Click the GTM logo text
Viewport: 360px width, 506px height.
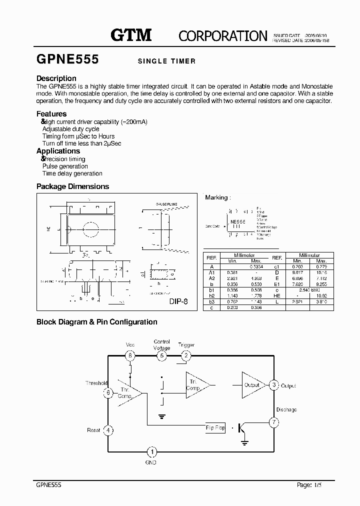point(131,35)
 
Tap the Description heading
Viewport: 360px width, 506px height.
point(56,78)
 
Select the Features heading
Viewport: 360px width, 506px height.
point(51,114)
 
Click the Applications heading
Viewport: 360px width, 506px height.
point(58,151)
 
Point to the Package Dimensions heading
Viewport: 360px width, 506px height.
point(72,186)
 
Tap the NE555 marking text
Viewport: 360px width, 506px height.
point(237,220)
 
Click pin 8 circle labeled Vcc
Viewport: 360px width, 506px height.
point(131,356)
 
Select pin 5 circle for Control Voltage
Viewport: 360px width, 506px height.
point(161,356)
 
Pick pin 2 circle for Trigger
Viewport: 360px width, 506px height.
point(186,356)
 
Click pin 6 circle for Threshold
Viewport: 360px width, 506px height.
point(107,393)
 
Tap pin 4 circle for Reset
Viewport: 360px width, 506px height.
point(107,430)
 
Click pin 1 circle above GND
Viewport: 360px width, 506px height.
point(153,452)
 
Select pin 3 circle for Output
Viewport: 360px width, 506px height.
point(273,385)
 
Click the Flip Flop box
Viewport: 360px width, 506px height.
point(215,428)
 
